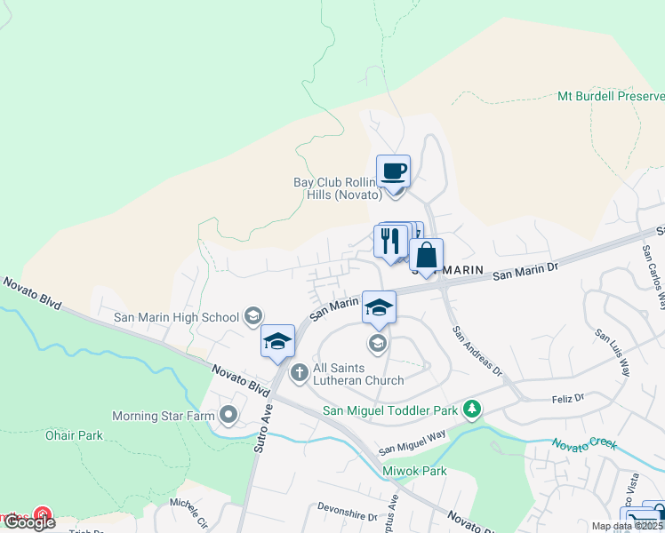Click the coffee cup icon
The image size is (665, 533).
point(393,171)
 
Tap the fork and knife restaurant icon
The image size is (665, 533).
point(389,241)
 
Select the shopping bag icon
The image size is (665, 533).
point(427,256)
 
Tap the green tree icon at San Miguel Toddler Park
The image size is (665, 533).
point(474,410)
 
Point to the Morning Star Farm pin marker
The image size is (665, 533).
point(229,415)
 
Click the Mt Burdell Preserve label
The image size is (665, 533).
point(610,96)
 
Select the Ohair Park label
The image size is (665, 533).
point(74,435)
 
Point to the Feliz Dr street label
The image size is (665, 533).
point(566,398)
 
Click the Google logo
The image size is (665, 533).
point(29,522)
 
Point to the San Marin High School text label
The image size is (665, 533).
point(176,317)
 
